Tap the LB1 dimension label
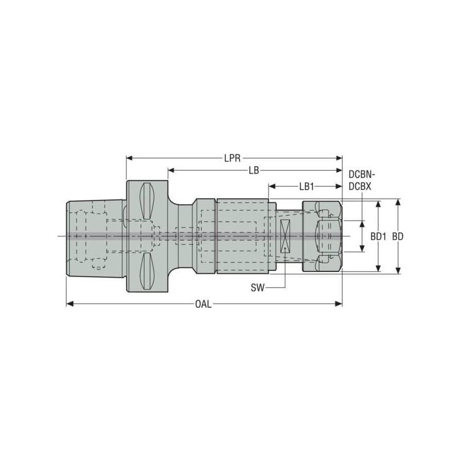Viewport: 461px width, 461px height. coord(306,187)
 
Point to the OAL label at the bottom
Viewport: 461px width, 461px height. coord(203,304)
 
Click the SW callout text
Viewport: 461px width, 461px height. coord(258,287)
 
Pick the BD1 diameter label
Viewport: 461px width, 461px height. coord(378,236)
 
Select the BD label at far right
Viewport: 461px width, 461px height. coord(397,236)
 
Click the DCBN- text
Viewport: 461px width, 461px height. coord(362,174)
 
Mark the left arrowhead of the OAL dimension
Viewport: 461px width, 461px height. coord(70,304)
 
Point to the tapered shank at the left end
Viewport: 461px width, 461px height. coord(95,236)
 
